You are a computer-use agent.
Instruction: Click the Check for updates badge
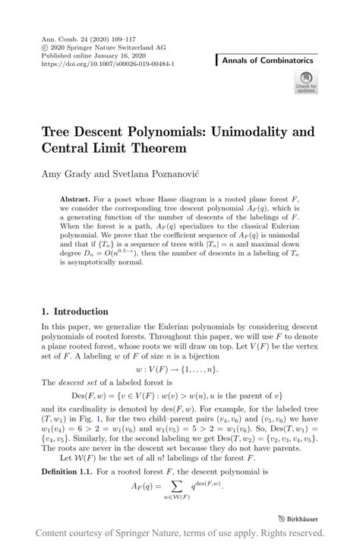[x=305, y=82]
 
